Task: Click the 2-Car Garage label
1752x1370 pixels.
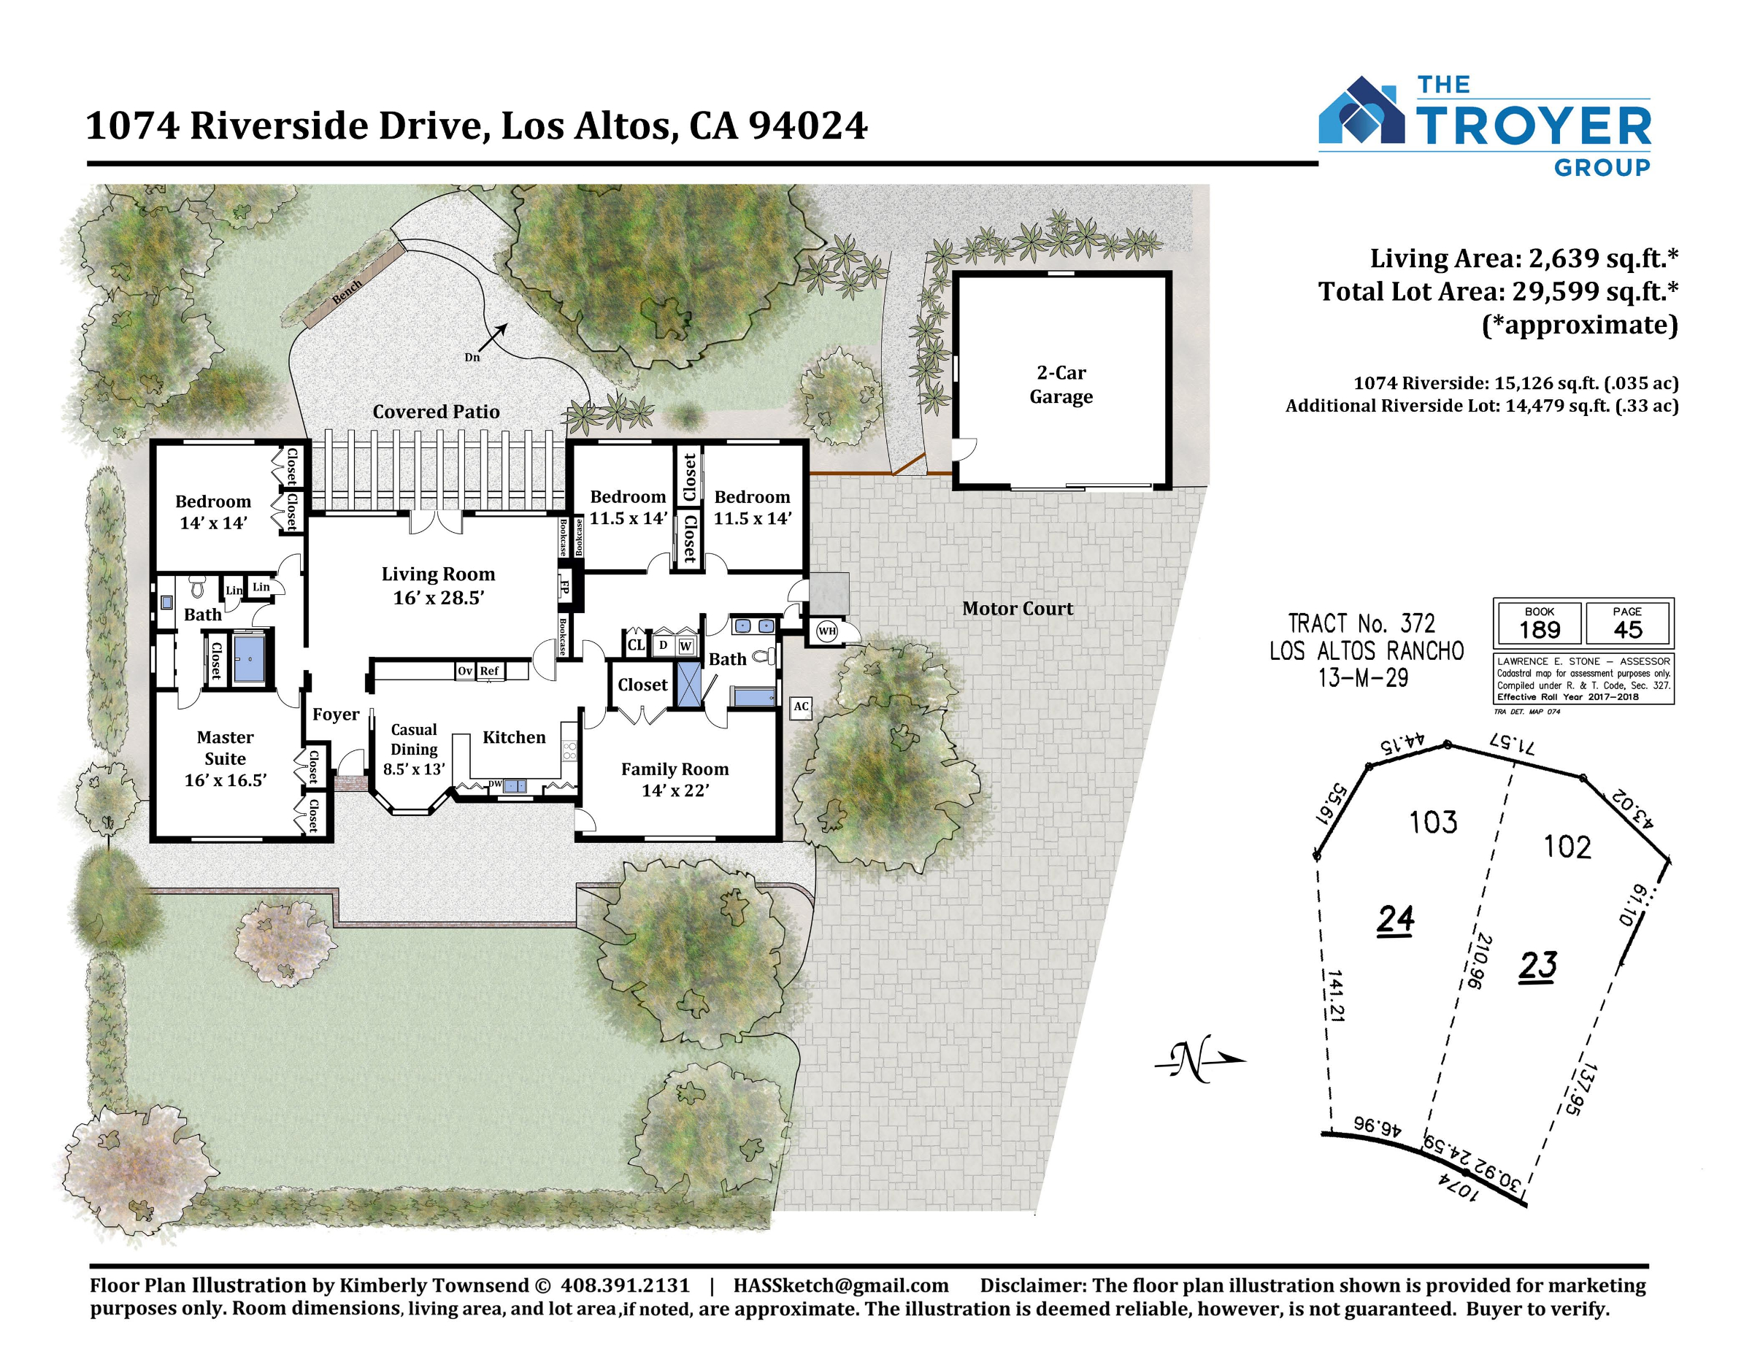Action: pyautogui.click(x=1061, y=384)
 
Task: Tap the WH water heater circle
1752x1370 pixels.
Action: pyautogui.click(x=826, y=631)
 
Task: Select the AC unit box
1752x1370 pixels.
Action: pyautogui.click(x=801, y=707)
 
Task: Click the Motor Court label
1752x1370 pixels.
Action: pyautogui.click(x=1017, y=609)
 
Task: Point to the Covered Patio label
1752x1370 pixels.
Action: pyautogui.click(x=436, y=412)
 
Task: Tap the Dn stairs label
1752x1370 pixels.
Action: pyautogui.click(x=472, y=357)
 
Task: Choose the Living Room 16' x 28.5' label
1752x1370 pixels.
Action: pyautogui.click(x=438, y=585)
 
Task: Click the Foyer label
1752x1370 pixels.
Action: pyautogui.click(x=336, y=714)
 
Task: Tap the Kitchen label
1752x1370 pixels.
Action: pyautogui.click(x=513, y=737)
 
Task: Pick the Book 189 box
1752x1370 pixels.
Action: pyautogui.click(x=1539, y=623)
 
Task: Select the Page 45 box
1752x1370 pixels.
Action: pyautogui.click(x=1628, y=623)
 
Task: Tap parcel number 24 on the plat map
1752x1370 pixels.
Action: pyautogui.click(x=1395, y=920)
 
